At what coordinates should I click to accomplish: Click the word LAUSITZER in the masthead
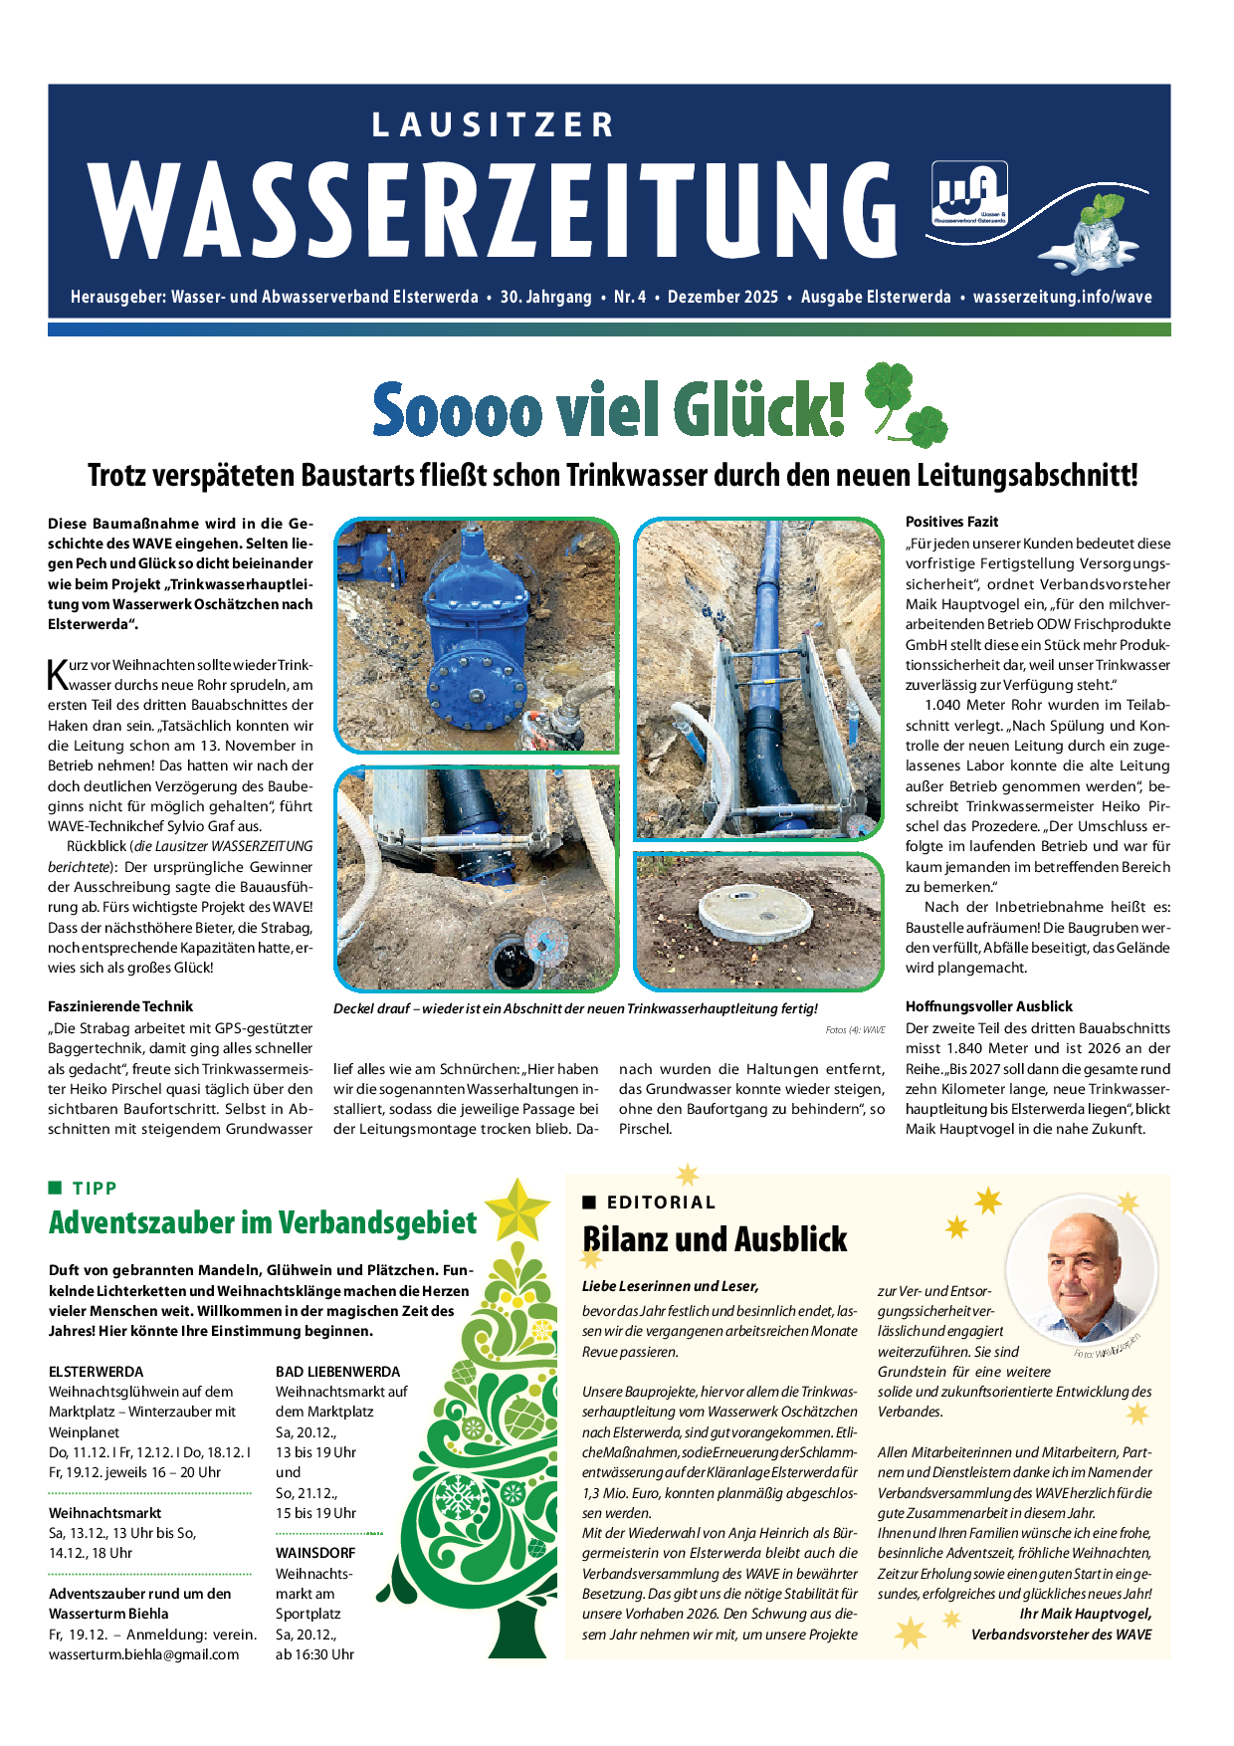point(493,125)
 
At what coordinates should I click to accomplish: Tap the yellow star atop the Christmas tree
point(517,1208)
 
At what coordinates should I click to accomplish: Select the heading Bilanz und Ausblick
point(715,1239)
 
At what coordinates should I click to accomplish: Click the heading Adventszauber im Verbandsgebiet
point(263,1222)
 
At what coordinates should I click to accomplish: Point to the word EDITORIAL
point(661,1202)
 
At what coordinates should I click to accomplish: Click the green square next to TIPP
point(56,1188)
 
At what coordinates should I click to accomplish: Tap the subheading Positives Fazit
point(951,522)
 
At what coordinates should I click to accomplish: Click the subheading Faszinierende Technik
point(120,1006)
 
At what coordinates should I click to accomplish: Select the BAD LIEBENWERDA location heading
point(337,1371)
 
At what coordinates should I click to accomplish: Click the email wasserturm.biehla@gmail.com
point(143,1654)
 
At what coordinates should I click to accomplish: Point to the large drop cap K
point(58,675)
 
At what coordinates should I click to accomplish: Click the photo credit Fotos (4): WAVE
point(855,1030)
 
